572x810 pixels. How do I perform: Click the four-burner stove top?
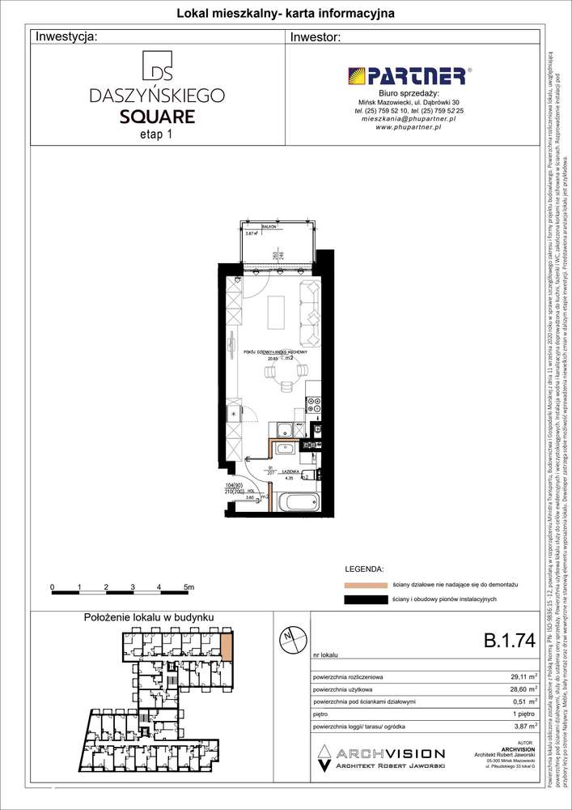tap(315, 406)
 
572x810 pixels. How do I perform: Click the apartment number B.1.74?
tap(509, 641)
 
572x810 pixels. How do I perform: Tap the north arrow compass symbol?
tap(288, 638)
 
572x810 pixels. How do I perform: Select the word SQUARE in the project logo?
tap(156, 116)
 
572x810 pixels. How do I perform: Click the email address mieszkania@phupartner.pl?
tap(408, 118)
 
